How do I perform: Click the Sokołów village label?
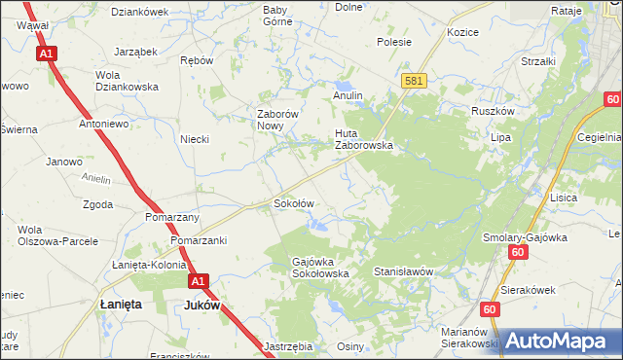click(293, 204)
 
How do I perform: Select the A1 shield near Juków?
click(199, 281)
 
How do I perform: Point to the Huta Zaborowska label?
click(363, 139)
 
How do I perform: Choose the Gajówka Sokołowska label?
click(320, 268)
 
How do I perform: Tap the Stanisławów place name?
click(402, 272)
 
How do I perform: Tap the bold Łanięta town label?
click(122, 305)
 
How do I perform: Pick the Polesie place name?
click(394, 42)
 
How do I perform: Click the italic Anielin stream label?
click(96, 178)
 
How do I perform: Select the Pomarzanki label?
click(198, 239)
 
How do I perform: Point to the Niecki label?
click(195, 139)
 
